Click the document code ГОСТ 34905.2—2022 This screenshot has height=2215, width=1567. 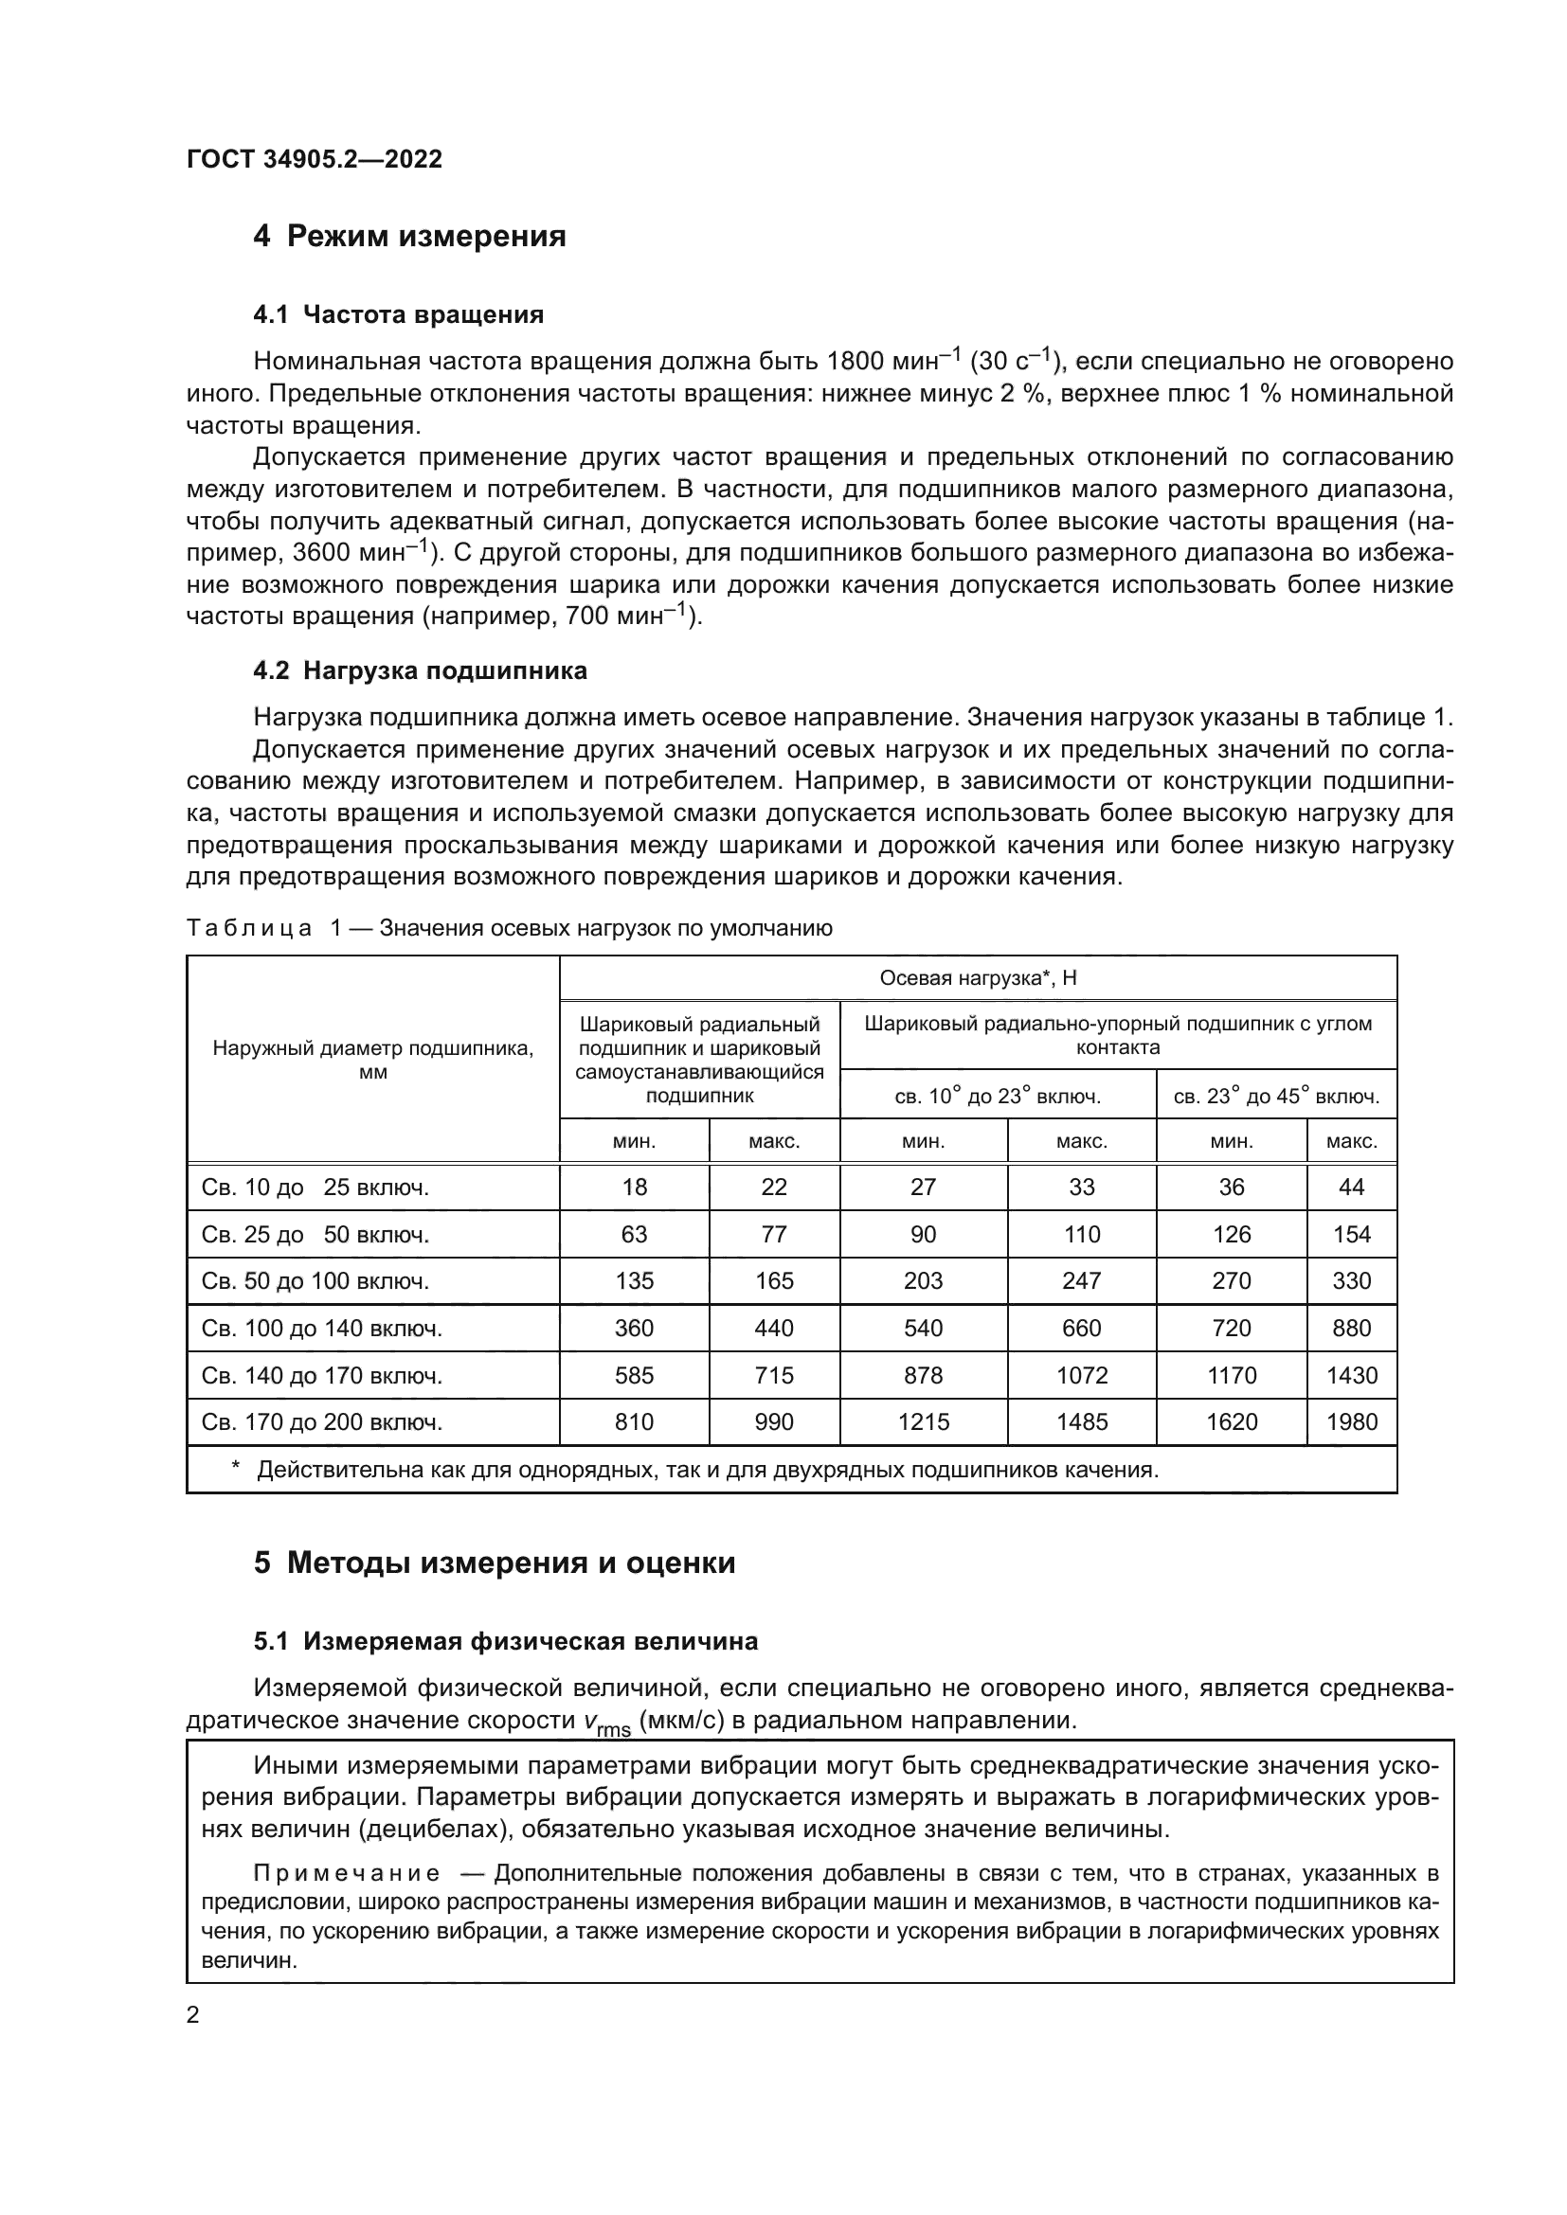click(315, 159)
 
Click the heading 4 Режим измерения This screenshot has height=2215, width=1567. click(409, 237)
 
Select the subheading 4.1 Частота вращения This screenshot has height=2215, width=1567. click(399, 314)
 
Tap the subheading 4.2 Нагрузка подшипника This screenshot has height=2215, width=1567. click(420, 670)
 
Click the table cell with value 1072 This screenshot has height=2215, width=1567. click(1082, 1376)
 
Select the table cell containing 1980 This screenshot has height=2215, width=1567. click(1352, 1422)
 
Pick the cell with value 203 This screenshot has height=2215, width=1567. click(924, 1281)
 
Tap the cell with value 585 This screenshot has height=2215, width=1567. click(634, 1376)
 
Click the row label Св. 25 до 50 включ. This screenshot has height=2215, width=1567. click(315, 1235)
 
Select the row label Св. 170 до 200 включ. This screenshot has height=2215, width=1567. click(321, 1422)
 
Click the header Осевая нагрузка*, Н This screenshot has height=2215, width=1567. click(978, 978)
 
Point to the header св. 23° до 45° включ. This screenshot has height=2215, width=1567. click(1275, 1096)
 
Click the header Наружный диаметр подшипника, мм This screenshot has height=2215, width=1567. click(372, 1060)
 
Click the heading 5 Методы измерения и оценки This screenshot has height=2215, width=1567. click(494, 1563)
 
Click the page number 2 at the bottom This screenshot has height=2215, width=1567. click(193, 2015)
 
